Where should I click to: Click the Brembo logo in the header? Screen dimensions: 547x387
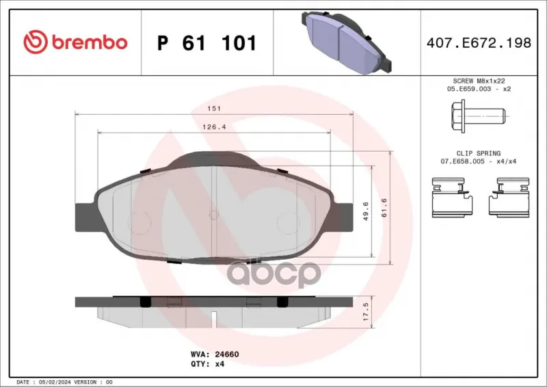(x=75, y=42)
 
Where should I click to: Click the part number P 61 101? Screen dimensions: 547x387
(x=207, y=43)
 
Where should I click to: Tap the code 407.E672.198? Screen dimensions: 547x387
(x=479, y=42)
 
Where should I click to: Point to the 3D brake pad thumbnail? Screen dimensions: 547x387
(x=346, y=42)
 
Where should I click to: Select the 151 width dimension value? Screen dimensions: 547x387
(x=214, y=109)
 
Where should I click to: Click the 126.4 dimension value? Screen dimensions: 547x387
(x=214, y=127)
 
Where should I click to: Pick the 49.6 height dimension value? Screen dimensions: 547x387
(x=366, y=211)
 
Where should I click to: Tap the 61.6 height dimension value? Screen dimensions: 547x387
(x=384, y=208)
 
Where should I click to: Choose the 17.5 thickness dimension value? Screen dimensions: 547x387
(x=365, y=312)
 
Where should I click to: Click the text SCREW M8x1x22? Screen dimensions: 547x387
(x=479, y=81)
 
